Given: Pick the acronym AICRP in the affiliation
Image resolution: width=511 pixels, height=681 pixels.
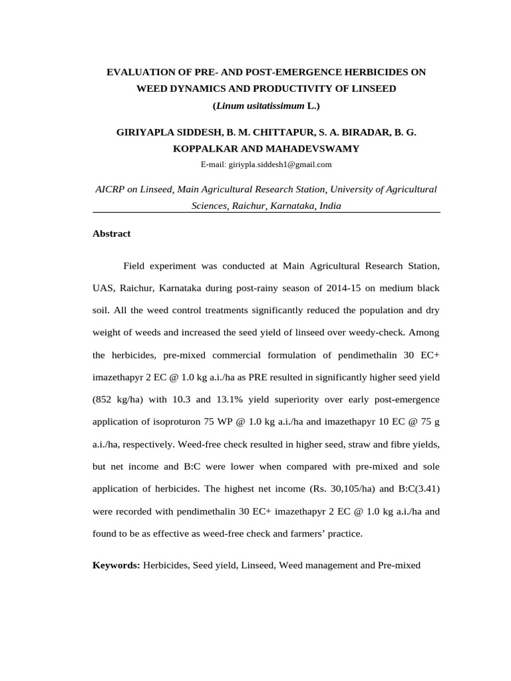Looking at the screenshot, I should [x=111, y=190].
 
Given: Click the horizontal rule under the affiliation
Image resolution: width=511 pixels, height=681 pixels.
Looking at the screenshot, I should [x=266, y=212].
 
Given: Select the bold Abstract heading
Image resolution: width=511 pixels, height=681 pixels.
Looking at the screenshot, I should [x=112, y=233].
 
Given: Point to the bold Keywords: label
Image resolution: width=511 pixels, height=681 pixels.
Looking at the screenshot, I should [x=116, y=565].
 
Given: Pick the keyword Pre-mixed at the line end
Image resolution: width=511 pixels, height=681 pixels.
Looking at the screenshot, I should [x=399, y=565].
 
